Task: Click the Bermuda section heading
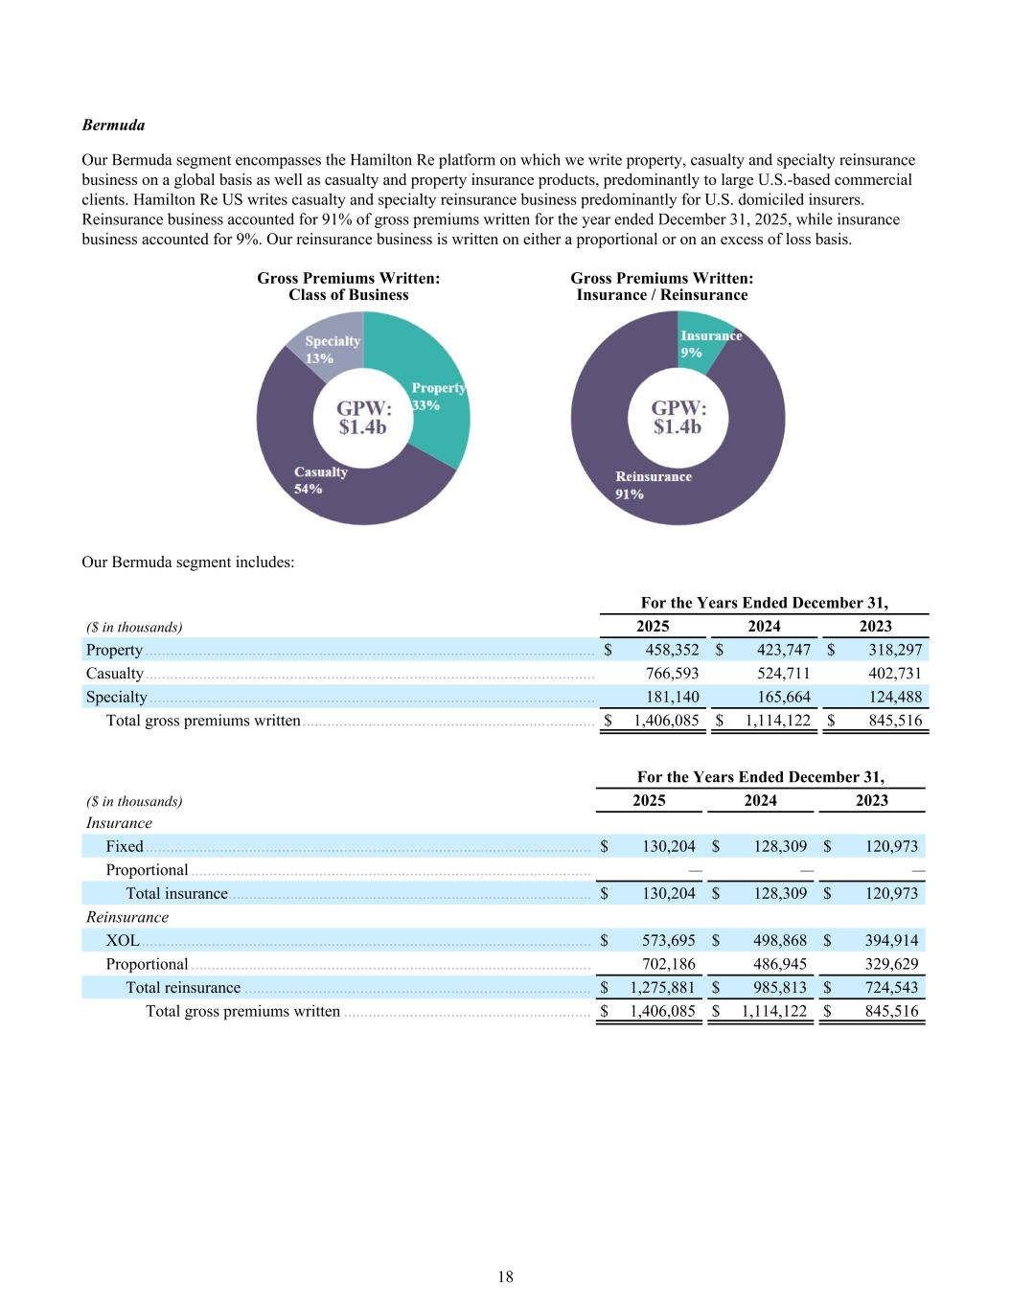(x=113, y=126)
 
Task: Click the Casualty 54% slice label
(x=320, y=480)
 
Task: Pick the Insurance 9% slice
(x=710, y=343)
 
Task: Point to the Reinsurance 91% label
(x=653, y=485)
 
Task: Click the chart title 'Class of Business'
(x=348, y=295)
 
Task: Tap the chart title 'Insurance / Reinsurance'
(x=661, y=295)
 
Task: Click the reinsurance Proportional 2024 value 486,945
(x=779, y=964)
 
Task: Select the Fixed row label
(x=125, y=847)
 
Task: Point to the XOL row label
(x=123, y=941)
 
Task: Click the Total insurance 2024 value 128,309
(x=779, y=894)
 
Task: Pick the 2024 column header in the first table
(x=764, y=627)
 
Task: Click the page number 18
(x=505, y=1276)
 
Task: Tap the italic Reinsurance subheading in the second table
(x=126, y=917)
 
